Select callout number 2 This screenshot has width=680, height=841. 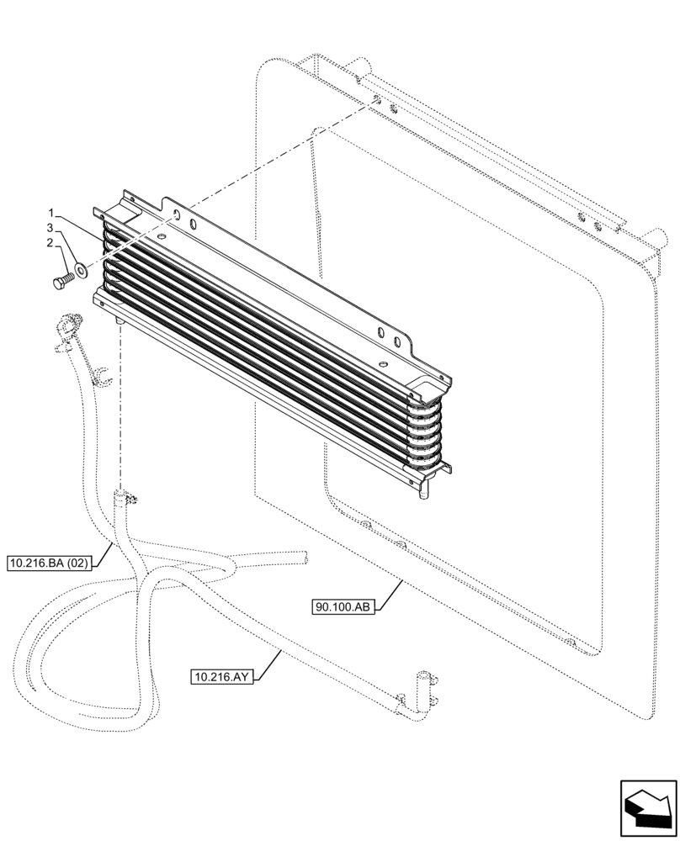pos(51,244)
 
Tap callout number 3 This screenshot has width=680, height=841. pos(51,228)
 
